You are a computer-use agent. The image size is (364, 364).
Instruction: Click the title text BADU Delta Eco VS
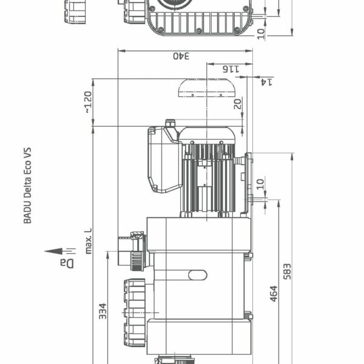27,185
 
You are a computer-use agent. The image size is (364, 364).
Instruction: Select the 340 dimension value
181,56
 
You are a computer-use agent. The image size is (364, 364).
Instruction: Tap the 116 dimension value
231,69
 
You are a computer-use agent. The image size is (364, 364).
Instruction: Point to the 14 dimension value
266,82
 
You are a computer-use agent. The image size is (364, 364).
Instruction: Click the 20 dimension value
237,103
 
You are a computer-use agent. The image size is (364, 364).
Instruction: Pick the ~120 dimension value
88,102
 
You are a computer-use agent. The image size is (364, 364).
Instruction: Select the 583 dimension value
287,272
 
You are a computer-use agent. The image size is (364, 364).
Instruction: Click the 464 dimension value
274,294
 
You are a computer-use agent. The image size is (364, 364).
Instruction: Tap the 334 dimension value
103,311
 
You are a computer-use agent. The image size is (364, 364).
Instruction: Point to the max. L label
89,241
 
